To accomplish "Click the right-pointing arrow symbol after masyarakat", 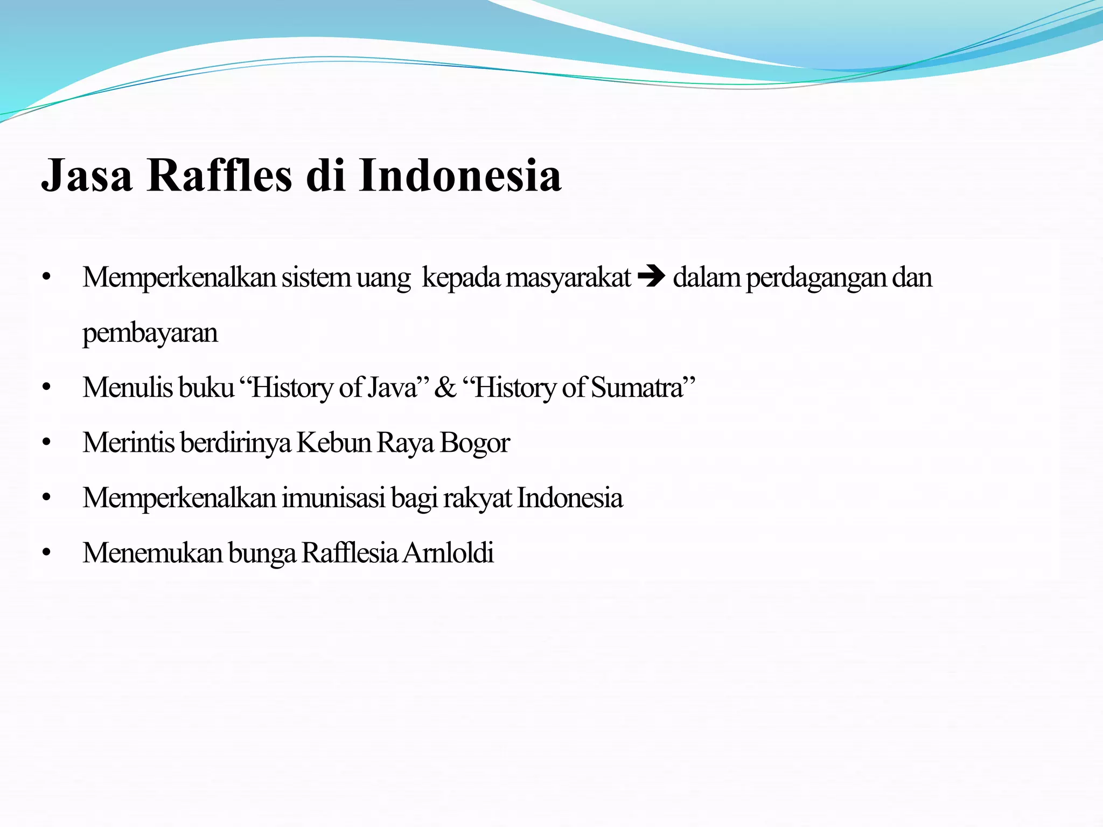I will pyautogui.click(x=652, y=278).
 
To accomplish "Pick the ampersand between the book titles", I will pyautogui.click(x=445, y=388).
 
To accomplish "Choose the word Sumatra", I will pyautogui.click(x=637, y=388).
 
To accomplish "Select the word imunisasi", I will pyautogui.click(x=333, y=498).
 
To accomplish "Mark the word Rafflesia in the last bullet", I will pyautogui.click(x=350, y=553).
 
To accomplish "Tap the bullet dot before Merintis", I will pyautogui.click(x=46, y=443).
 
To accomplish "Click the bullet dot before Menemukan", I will pyautogui.click(x=46, y=553).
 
